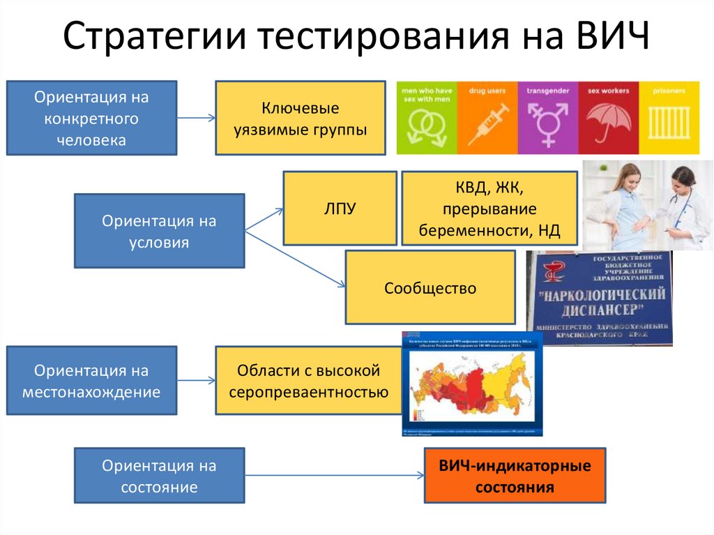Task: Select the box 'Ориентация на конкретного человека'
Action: click(x=91, y=118)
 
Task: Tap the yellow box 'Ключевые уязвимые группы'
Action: click(x=300, y=118)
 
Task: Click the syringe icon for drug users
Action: click(x=486, y=123)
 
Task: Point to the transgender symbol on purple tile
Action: click(x=547, y=123)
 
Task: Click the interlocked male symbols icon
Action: click(x=427, y=124)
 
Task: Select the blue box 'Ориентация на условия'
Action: click(x=159, y=231)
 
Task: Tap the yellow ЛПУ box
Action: click(x=335, y=207)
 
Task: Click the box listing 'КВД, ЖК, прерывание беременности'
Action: click(x=489, y=208)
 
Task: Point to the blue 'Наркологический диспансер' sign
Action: click(x=599, y=298)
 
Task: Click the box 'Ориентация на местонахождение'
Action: click(x=91, y=381)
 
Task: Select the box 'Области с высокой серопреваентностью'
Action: click(x=308, y=381)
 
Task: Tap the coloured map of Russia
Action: click(x=471, y=383)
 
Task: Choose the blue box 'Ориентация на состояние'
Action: click(x=159, y=476)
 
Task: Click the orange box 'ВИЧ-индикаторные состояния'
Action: click(x=515, y=476)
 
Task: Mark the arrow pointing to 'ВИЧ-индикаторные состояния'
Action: click(x=335, y=476)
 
